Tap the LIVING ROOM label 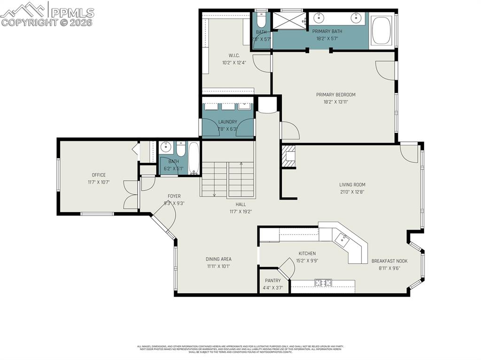point(352,185)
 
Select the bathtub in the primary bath point(381,31)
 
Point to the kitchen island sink point(344,240)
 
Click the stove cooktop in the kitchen point(323,283)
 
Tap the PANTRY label point(272,281)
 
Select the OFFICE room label point(99,175)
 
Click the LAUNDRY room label point(227,122)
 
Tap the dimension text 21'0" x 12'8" point(352,191)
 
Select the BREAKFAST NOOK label point(389,261)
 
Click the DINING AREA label point(218,259)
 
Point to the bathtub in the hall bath point(194,158)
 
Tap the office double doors point(130,194)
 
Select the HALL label point(240,205)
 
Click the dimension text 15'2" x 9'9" point(307,260)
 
